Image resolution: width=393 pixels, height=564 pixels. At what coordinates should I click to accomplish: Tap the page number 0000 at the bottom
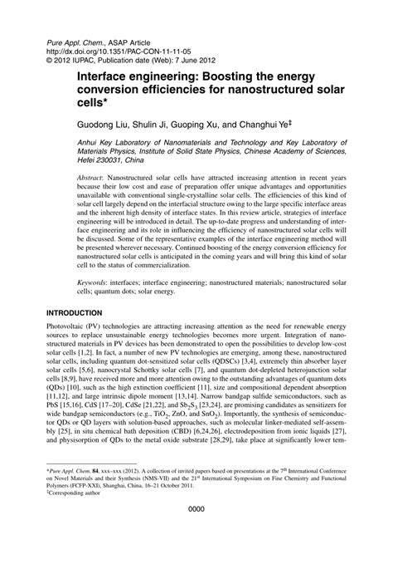pos(196,533)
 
